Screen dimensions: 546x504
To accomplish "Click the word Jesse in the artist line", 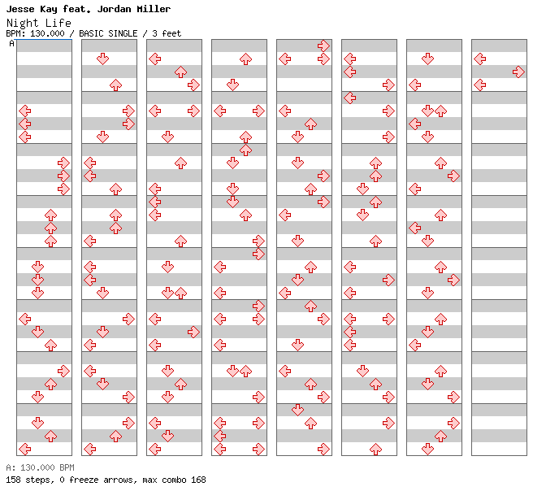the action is tap(20, 9).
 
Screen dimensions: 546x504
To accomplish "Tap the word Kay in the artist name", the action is tap(49, 9).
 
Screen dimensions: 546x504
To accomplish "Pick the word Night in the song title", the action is tap(22, 23).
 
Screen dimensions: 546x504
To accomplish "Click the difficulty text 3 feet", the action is tap(167, 33).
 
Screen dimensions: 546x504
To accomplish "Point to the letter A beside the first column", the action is tap(12, 44).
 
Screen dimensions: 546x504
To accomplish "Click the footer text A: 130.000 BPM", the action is tap(40, 467).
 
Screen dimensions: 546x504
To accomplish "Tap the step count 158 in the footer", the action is tap(13, 480).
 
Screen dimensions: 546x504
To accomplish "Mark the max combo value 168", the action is tap(198, 480).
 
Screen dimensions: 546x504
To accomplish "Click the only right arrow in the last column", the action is tap(518, 72).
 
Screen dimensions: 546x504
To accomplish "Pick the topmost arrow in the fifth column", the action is tap(323, 46).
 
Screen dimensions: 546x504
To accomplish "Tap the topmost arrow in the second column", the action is tap(102, 59).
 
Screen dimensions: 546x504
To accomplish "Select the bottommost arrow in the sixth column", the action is tap(375, 450).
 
